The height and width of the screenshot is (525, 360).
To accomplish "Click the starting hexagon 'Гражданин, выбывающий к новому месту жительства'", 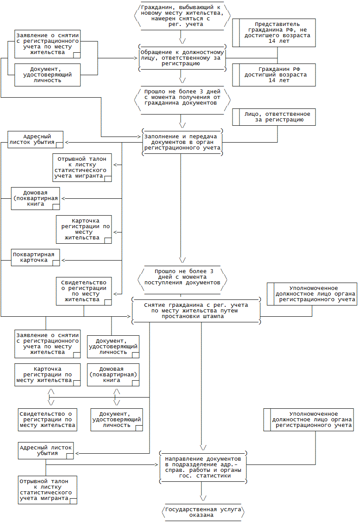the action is [182, 16].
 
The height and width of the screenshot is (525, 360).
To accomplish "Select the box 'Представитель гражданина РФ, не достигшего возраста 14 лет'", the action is [274, 33].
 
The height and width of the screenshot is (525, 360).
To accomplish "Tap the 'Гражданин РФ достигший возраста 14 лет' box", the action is [274, 75].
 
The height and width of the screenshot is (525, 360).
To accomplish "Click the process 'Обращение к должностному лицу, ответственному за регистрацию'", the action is [182, 58].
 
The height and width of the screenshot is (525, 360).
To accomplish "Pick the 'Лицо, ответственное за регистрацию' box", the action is [274, 117].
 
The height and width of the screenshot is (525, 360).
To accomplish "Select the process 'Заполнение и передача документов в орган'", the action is [182, 142].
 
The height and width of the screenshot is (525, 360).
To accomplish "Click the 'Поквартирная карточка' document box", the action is [35, 258].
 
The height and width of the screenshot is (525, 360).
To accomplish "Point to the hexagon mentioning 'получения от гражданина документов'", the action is [182, 100].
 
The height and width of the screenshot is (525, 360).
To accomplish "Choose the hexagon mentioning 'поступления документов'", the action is [182, 280].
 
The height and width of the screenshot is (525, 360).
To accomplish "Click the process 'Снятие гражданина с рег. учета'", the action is [196, 311].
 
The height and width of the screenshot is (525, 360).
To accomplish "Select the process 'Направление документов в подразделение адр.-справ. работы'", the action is [203, 467].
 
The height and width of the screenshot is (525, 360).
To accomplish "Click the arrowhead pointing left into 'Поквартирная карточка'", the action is [63, 260].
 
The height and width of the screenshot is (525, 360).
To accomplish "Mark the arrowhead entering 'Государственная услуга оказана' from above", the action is [203, 498].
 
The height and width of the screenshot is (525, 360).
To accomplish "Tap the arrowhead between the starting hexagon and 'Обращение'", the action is [182, 41].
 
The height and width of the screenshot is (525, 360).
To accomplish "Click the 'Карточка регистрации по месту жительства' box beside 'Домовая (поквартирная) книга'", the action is [48, 375].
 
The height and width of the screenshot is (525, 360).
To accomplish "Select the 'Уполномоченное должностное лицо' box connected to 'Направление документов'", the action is [309, 420].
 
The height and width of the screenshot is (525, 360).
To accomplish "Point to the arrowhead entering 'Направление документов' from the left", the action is [156, 465].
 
